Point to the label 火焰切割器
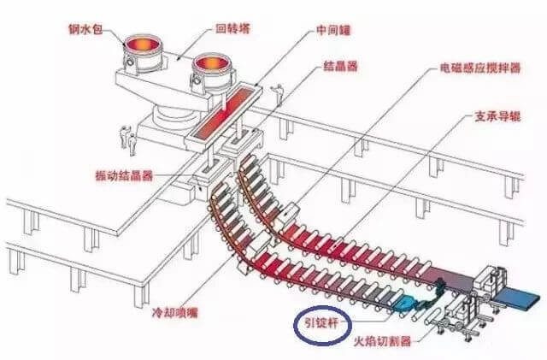pos(382,340)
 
